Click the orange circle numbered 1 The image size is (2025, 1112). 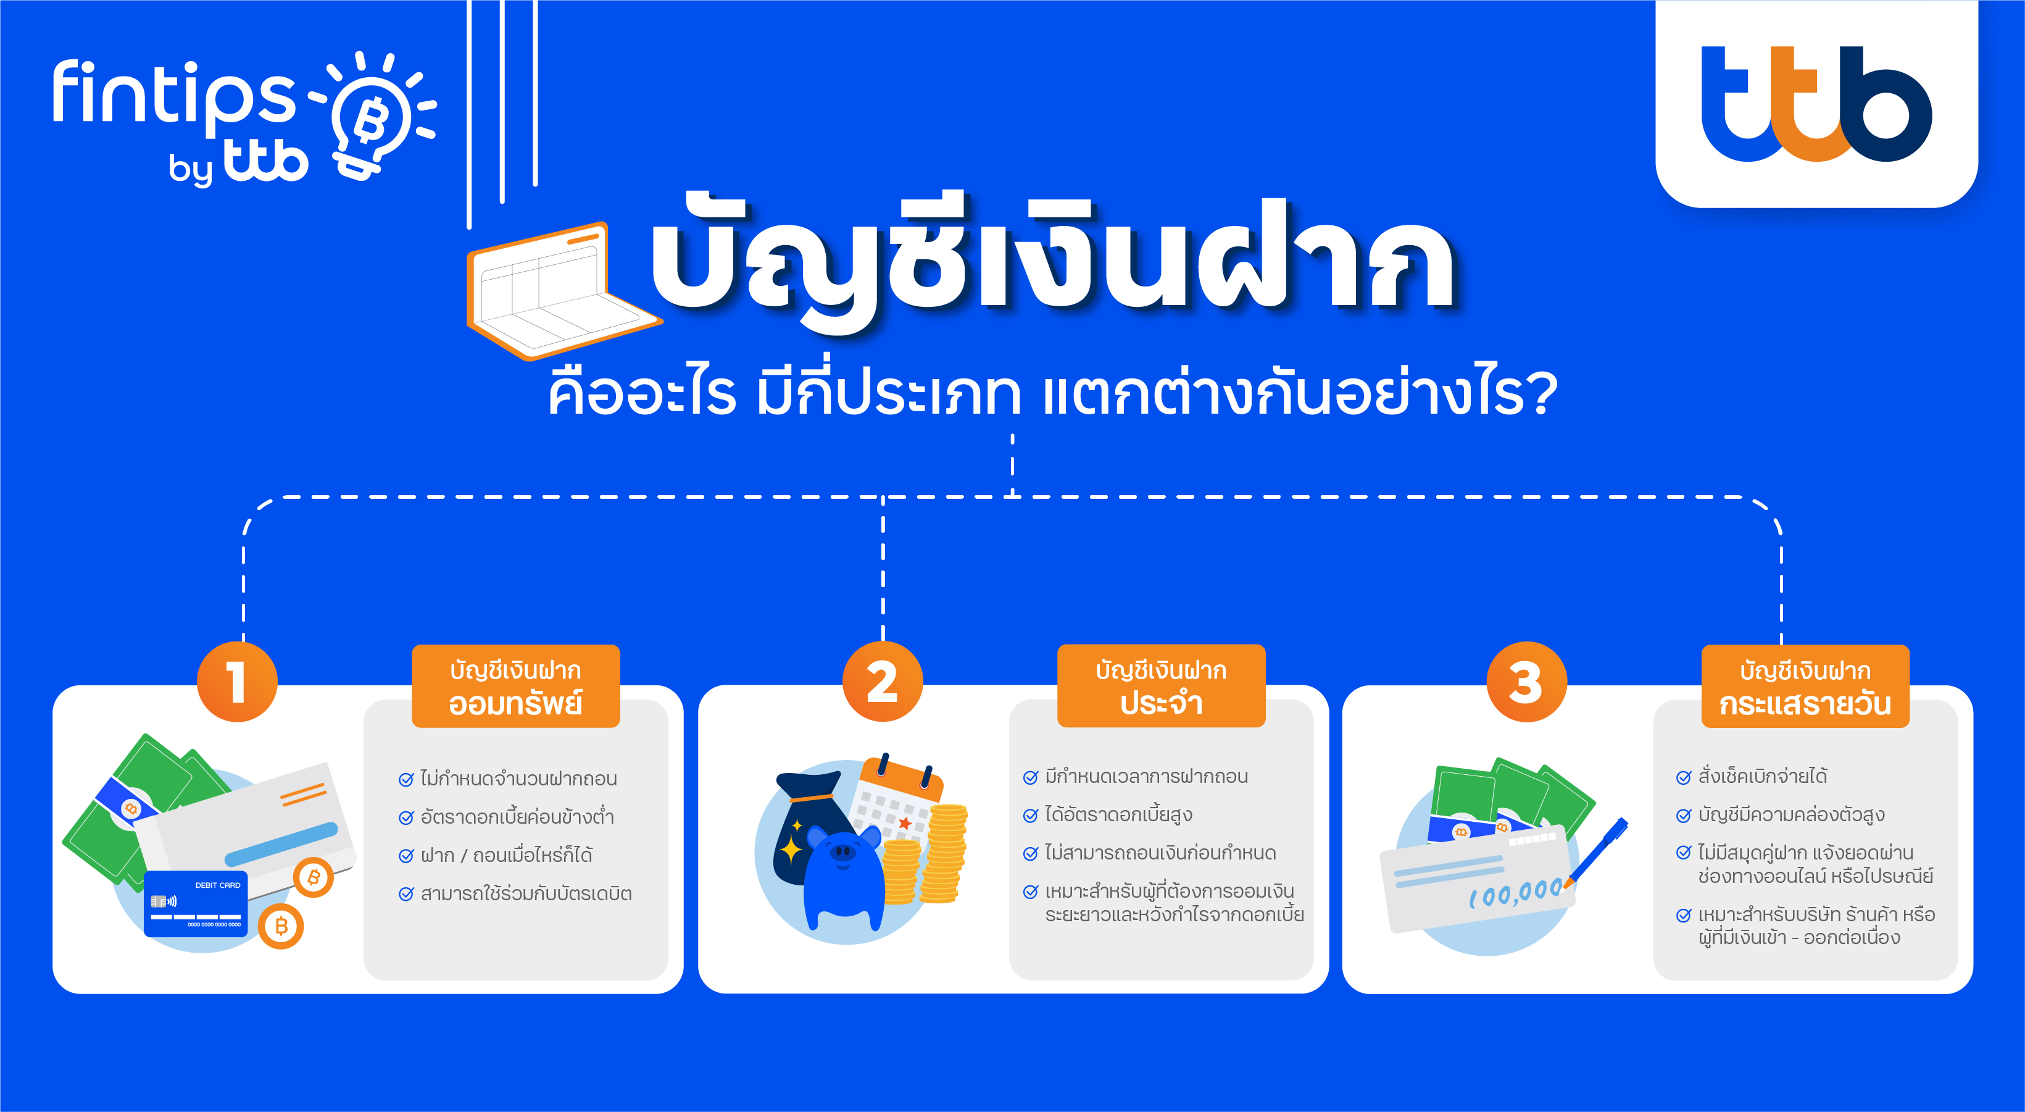click(x=236, y=682)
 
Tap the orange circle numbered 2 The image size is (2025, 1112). click(x=882, y=682)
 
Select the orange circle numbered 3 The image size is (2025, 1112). click(x=1526, y=682)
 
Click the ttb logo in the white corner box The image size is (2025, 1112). click(x=1816, y=104)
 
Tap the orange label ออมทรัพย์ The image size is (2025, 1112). click(x=516, y=686)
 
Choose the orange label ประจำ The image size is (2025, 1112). click(x=1161, y=686)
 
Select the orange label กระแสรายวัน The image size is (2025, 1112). click(x=1806, y=686)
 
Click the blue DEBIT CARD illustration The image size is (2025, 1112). click(x=196, y=903)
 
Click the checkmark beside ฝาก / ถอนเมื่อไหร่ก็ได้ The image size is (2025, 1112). click(x=405, y=856)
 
